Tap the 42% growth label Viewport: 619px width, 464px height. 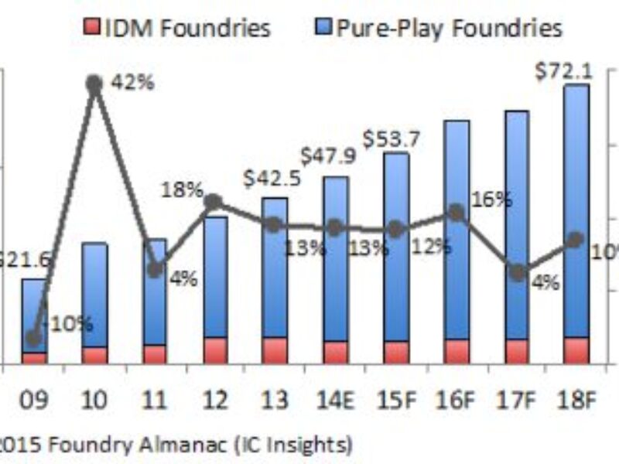[x=132, y=82]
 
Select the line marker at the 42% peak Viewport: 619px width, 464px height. [x=94, y=83]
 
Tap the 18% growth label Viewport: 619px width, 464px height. [x=182, y=190]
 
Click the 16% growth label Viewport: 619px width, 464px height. [x=493, y=200]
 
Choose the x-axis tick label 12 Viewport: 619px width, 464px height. [x=214, y=401]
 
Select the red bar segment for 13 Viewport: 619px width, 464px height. [x=275, y=350]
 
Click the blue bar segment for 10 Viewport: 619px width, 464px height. [x=94, y=294]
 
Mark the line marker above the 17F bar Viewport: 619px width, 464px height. [x=518, y=272]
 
